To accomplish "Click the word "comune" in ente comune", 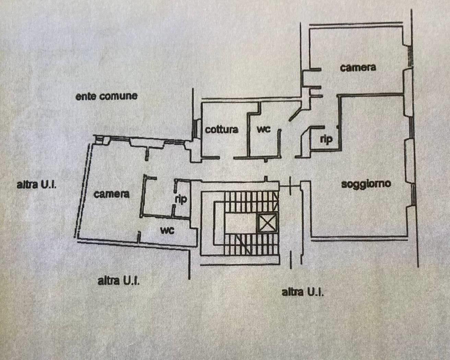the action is [118, 96].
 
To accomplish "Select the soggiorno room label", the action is [366, 184].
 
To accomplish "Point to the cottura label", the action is [222, 130].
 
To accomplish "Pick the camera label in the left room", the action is [112, 194].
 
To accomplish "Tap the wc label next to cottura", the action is [264, 129].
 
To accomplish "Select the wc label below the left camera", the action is [167, 230].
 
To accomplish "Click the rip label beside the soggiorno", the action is [327, 140].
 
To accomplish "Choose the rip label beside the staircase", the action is [181, 200].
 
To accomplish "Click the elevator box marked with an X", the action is [268, 223].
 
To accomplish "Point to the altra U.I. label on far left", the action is [37, 185].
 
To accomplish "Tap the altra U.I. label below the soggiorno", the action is [303, 292].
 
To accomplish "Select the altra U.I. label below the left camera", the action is [119, 281].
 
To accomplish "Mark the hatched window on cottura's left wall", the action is [196, 128].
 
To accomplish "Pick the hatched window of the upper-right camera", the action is [410, 56].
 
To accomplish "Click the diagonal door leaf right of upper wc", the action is [295, 116].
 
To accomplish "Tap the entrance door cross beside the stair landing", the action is [290, 186].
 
